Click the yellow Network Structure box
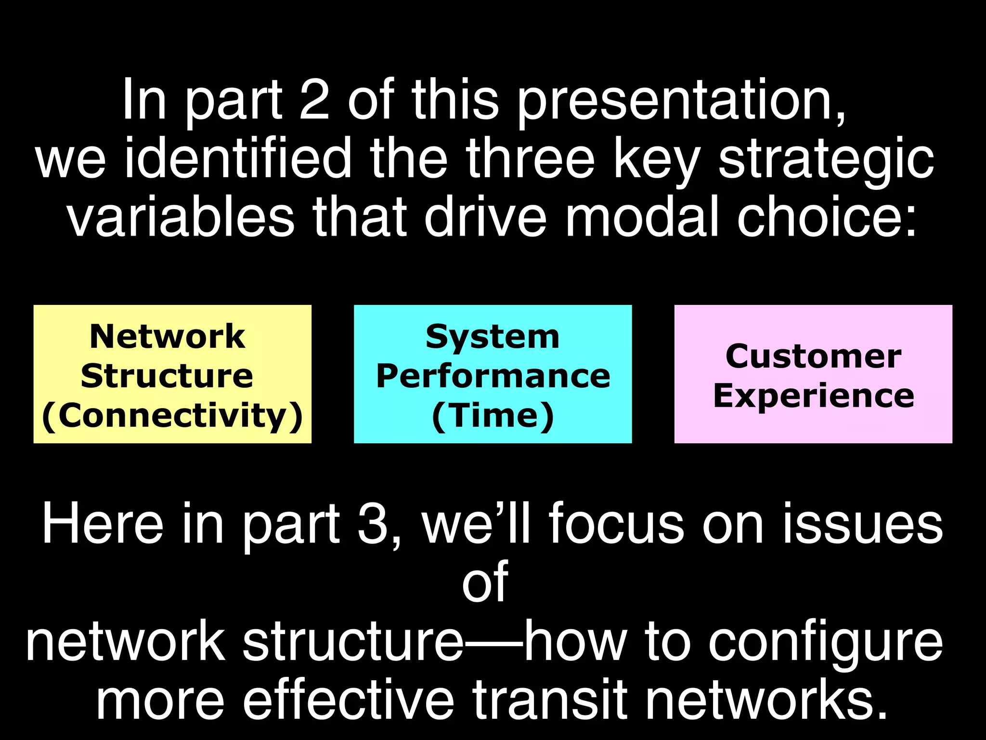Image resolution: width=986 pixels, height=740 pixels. [x=172, y=374]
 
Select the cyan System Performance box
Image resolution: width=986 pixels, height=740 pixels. [x=493, y=374]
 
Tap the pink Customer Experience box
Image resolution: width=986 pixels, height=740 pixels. [x=813, y=374]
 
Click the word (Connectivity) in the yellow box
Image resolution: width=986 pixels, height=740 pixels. [x=172, y=415]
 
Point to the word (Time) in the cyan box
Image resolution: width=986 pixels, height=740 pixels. [x=493, y=415]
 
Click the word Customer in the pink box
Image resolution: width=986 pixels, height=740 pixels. [x=813, y=357]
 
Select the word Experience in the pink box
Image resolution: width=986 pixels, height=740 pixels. [x=813, y=396]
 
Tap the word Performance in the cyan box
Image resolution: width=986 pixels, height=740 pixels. [x=493, y=376]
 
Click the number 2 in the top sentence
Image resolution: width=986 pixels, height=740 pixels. [x=314, y=100]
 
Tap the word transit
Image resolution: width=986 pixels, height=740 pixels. [x=549, y=700]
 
